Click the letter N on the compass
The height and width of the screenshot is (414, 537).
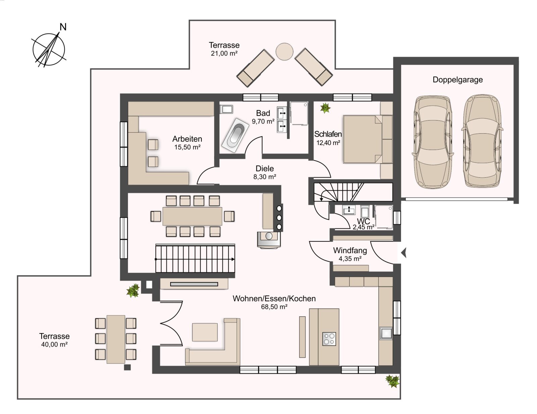[63, 27]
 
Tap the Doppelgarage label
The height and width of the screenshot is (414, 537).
[457, 80]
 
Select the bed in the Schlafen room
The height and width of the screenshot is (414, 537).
[368, 139]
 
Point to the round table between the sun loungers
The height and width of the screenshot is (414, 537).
[284, 52]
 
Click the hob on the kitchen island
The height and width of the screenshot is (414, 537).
[329, 339]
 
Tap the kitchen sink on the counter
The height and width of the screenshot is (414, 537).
[386, 333]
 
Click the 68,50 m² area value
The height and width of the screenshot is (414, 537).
[274, 307]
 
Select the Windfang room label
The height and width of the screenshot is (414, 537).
[350, 250]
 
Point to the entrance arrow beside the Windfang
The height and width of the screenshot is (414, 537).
[403, 254]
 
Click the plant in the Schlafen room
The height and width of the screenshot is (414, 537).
[325, 108]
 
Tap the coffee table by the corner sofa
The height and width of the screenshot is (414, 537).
[205, 332]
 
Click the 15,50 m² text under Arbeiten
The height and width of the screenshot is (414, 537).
[187, 147]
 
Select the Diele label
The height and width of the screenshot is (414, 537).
[265, 169]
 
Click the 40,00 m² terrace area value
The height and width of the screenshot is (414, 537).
[54, 344]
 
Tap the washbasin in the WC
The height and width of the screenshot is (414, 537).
[349, 210]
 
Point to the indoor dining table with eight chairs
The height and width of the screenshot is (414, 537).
[192, 216]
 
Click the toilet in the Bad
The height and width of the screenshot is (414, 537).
[226, 109]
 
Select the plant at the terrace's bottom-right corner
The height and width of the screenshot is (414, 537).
[392, 381]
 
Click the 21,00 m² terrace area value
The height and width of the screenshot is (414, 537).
[224, 53]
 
